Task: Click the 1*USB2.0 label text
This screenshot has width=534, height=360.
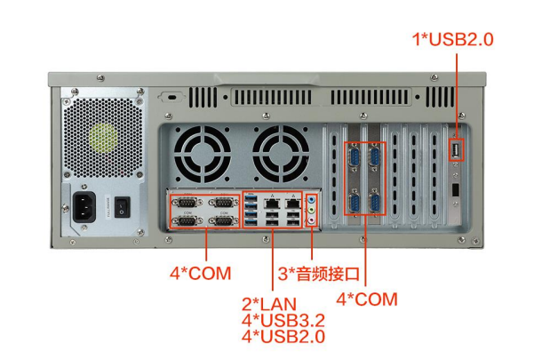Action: [452, 39]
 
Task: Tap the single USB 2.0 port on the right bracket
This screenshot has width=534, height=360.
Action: [457, 151]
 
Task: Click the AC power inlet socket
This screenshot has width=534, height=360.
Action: [90, 207]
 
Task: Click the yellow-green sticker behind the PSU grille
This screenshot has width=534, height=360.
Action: [103, 139]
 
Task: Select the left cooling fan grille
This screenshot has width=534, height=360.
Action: [202, 153]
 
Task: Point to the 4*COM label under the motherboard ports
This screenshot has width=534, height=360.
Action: [200, 272]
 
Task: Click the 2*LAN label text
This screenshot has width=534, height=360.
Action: [268, 304]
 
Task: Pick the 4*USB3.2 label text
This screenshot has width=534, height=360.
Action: [283, 320]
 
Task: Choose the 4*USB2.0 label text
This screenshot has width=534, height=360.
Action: [283, 337]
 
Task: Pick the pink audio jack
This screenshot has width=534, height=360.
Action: [311, 223]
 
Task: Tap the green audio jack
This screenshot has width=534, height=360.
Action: [311, 213]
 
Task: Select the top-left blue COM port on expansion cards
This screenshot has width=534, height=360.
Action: [355, 159]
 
